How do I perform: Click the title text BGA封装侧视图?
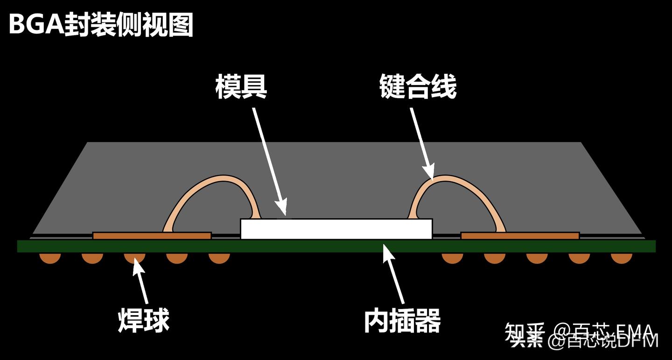pyautogui.click(x=101, y=25)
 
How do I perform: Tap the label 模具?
pyautogui.click(x=241, y=87)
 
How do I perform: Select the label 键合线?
pyautogui.click(x=418, y=87)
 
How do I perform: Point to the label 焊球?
pyautogui.click(x=143, y=320)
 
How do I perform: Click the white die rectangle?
pyautogui.click(x=336, y=229)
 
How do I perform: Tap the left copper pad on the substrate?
pyautogui.click(x=152, y=236)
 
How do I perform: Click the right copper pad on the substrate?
pyautogui.click(x=520, y=236)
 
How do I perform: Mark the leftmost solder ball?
pyautogui.click(x=50, y=257)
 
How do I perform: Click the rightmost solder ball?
pyautogui.click(x=622, y=257)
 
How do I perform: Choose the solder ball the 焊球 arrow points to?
pyautogui.click(x=134, y=257)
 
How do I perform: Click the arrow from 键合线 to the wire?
pyautogui.click(x=422, y=142)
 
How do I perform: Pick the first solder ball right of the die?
pyautogui.click(x=452, y=257)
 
